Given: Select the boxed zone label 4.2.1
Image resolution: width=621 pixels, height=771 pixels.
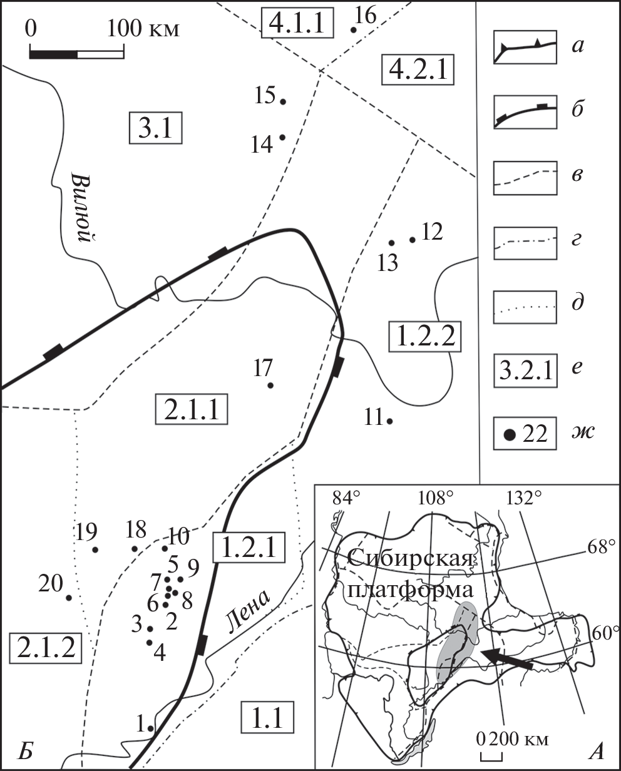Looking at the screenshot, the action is (418, 69).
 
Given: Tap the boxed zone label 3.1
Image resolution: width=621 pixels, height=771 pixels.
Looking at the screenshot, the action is (155, 128).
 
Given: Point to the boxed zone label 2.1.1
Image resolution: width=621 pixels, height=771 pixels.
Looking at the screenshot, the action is (192, 409).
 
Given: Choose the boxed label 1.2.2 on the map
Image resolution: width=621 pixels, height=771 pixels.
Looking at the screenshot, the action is (425, 337).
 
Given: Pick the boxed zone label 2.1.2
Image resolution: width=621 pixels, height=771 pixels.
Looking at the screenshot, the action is (46, 648).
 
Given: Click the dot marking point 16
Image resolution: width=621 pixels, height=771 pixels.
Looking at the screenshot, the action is (353, 30).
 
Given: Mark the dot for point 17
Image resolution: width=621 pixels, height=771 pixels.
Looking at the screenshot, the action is (270, 385).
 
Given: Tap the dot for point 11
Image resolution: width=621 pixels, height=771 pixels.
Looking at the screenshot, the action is (390, 421).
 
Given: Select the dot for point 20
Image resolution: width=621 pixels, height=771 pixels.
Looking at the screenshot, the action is (69, 598).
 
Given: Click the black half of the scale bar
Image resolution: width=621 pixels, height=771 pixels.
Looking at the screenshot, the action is (53, 54).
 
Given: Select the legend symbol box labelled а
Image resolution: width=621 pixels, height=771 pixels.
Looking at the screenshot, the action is (525, 47).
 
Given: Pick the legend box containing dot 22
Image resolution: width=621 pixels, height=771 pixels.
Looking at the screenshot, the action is (525, 434).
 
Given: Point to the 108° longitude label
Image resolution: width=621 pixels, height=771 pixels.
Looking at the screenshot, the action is (435, 498).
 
